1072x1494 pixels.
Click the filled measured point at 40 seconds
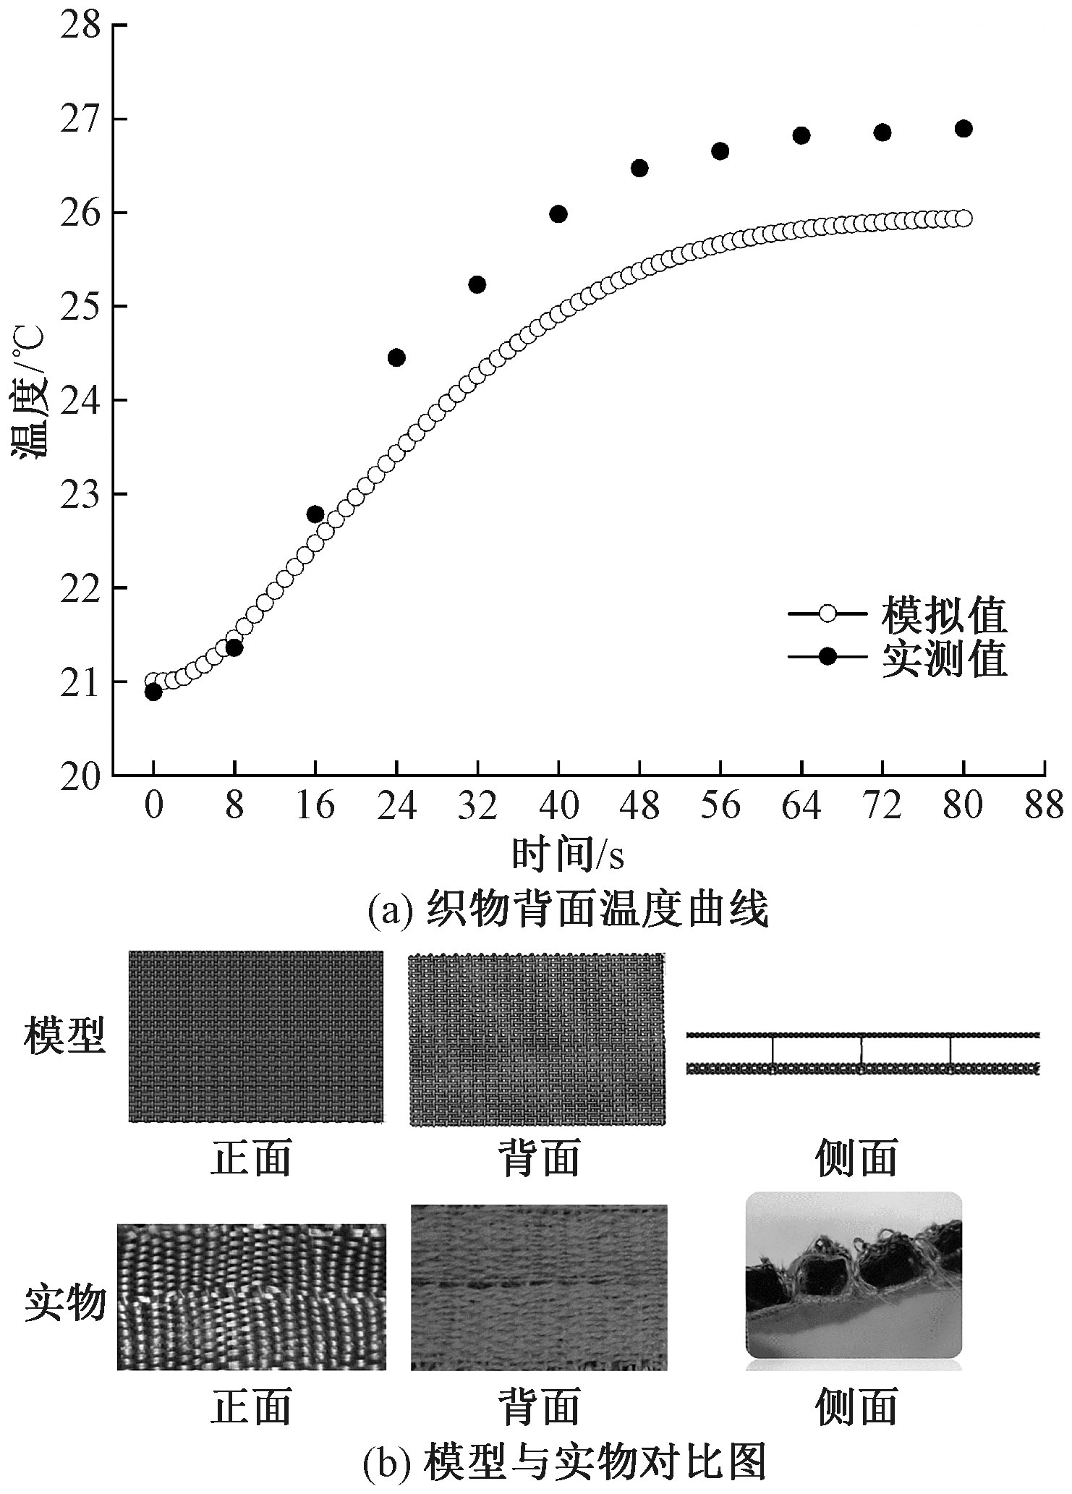click(558, 214)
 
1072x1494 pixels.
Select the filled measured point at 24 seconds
click(396, 357)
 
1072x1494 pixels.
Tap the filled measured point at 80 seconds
click(963, 129)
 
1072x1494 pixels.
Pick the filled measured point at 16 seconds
click(315, 514)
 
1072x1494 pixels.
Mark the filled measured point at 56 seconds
click(720, 151)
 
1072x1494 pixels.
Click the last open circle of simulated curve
click(963, 218)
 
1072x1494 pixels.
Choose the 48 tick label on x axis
click(639, 805)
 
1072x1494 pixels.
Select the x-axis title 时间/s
click(568, 854)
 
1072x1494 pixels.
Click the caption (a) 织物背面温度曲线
click(568, 910)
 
